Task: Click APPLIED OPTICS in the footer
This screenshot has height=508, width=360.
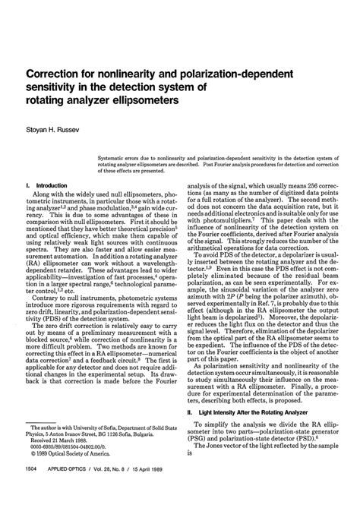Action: [75, 491]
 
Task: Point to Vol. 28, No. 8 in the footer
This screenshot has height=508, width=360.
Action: [120, 491]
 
